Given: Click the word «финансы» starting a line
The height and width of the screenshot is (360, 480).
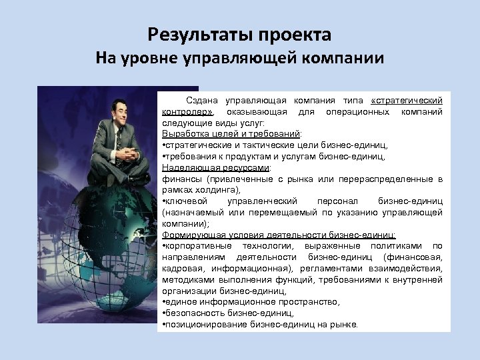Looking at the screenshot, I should click(181, 179).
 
